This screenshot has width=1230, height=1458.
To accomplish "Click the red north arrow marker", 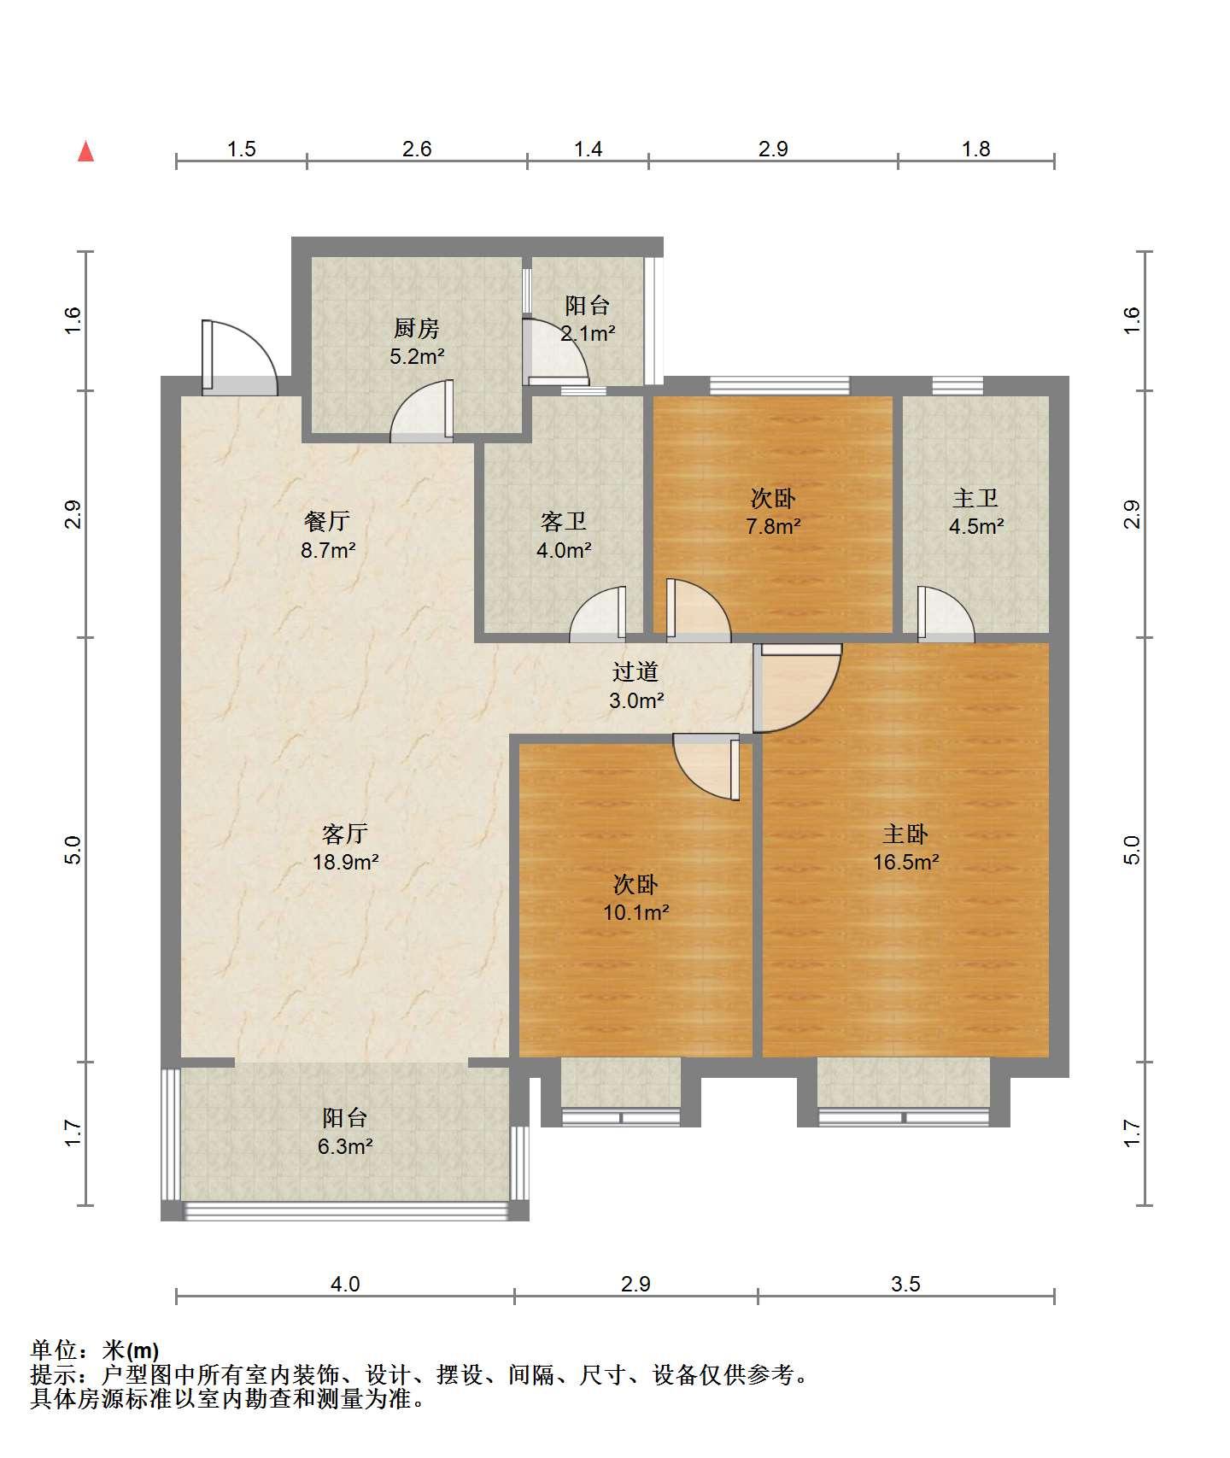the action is (85, 151).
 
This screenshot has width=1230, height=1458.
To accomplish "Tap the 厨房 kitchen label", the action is (416, 328).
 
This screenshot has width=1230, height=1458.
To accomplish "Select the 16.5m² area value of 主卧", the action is (905, 862).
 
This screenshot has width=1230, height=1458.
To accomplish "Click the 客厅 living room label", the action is (345, 833).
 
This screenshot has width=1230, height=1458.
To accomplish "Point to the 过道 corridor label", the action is (635, 672).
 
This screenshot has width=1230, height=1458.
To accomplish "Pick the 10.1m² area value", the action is (635, 912).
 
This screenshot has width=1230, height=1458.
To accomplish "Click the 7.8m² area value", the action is (773, 526).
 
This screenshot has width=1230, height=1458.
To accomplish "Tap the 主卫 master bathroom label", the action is (975, 498).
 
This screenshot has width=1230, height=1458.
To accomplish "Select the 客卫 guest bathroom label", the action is (564, 521).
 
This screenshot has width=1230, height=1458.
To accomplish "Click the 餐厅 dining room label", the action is (327, 521).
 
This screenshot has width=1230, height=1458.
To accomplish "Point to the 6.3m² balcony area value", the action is (345, 1146).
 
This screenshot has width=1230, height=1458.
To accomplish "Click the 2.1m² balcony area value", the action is (588, 333).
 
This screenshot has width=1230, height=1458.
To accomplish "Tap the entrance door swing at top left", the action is (240, 357).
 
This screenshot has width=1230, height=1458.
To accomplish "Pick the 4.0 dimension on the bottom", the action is (345, 1284).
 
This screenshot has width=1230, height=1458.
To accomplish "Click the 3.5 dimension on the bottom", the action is (905, 1284).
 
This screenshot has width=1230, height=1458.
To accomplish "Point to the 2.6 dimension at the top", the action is (417, 149).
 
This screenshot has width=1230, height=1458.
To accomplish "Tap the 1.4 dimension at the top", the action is (588, 149).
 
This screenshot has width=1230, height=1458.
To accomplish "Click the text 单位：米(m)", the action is (94, 1350).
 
